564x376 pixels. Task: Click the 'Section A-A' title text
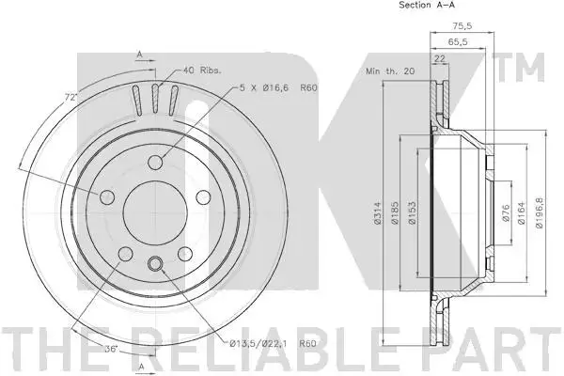(x=427, y=5)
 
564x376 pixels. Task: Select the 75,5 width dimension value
(x=462, y=26)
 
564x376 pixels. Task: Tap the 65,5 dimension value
(x=458, y=41)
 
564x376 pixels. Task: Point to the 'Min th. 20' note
(x=390, y=70)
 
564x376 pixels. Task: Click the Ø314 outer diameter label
(x=377, y=213)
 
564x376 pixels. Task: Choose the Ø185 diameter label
(x=395, y=213)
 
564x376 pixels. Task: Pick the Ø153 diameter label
(x=413, y=213)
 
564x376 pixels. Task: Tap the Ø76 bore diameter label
(x=506, y=213)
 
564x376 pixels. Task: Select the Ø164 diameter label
(x=522, y=213)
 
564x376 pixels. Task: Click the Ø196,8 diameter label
(x=539, y=213)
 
